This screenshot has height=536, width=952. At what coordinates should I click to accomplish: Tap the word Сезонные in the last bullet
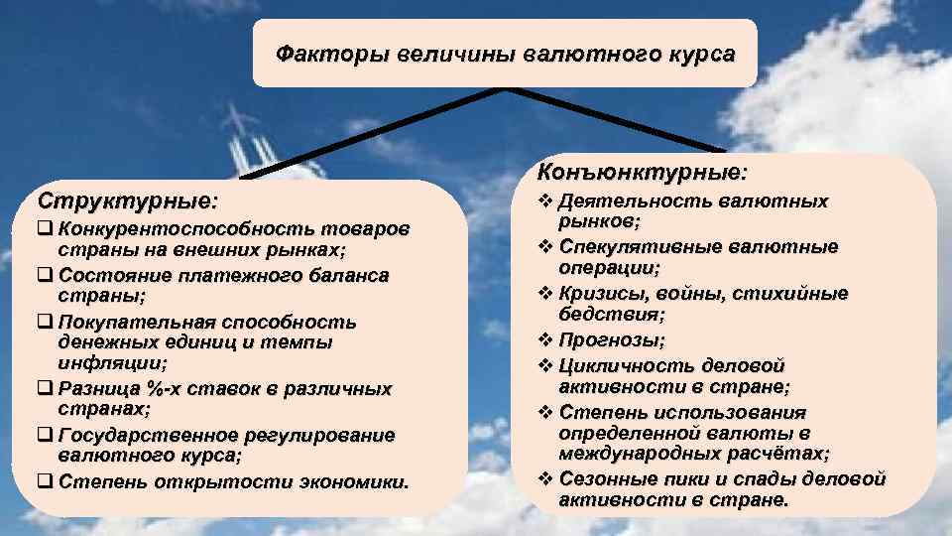point(603,479)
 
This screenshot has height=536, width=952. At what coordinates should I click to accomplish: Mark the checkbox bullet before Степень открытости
point(46,482)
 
